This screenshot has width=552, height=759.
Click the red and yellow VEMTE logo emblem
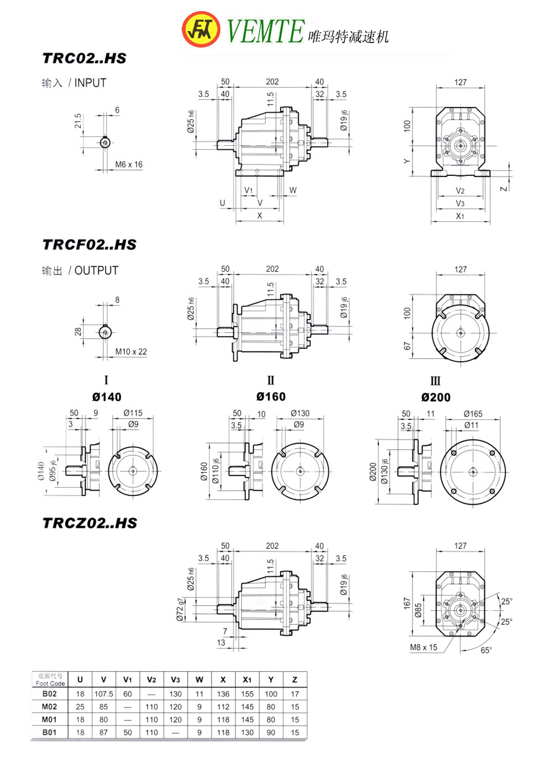(201, 29)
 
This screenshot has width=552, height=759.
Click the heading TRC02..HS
(84, 59)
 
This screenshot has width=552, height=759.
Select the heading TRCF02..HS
(89, 244)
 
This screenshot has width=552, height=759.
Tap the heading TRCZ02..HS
(90, 523)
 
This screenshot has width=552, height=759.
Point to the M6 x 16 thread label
(128, 164)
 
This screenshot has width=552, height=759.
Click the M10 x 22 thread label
(131, 351)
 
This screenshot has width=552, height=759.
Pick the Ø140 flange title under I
(107, 397)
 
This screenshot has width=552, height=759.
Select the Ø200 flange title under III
(436, 398)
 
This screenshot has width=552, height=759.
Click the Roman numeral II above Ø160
(271, 381)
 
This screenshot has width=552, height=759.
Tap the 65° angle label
(486, 650)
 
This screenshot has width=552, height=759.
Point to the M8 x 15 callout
(424, 647)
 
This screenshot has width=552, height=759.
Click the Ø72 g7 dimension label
(181, 609)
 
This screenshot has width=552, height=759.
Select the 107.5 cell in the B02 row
(103, 693)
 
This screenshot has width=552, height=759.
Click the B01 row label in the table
(49, 732)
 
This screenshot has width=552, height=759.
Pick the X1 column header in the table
(247, 679)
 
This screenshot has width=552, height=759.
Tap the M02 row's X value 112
(223, 707)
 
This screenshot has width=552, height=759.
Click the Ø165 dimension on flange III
(473, 413)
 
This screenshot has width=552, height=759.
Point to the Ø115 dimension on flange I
(132, 413)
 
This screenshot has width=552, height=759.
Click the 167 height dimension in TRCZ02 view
(407, 604)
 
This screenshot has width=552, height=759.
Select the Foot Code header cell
(49, 679)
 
